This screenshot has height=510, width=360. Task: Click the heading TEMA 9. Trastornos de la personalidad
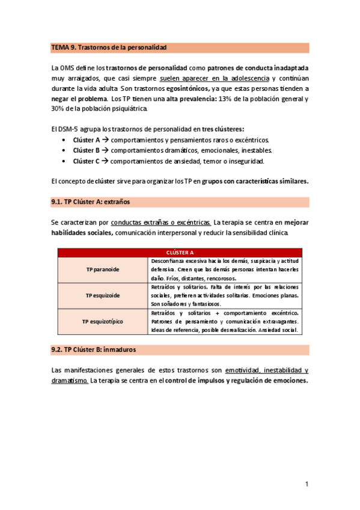[109, 47]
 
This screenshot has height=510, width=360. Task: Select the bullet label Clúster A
[86, 140]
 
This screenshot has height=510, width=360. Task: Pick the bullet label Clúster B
[86, 150]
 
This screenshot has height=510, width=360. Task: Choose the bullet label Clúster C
[86, 161]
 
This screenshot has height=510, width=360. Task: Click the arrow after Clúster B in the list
[105, 150]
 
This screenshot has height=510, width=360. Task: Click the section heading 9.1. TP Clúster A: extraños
[91, 202]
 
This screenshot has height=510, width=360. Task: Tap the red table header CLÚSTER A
[180, 253]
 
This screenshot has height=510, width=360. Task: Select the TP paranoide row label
[102, 270]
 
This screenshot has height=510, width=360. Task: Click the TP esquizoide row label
[102, 296]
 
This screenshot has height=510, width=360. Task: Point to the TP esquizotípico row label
[102, 321]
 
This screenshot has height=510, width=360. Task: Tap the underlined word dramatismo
[70, 381]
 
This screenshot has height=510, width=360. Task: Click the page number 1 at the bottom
[307, 484]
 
